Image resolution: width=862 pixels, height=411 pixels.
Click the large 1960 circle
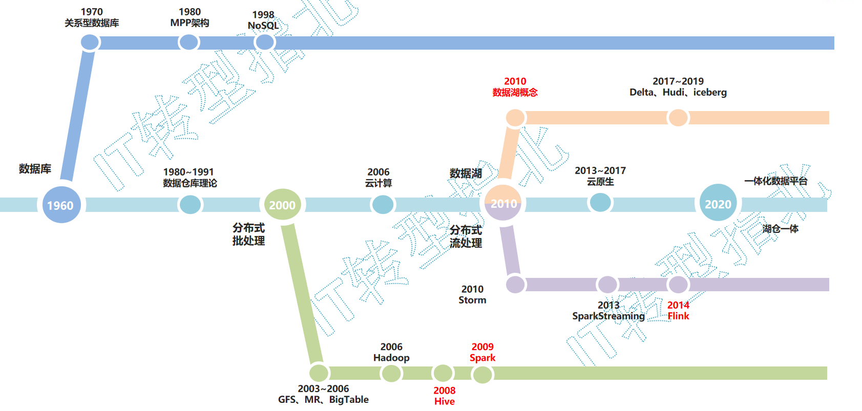point(61,205)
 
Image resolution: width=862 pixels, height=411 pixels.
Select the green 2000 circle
point(282,205)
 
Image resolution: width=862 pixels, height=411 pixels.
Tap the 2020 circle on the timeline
point(718,203)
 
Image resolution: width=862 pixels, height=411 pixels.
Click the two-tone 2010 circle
point(503,203)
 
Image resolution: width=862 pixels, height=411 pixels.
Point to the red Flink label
point(678,316)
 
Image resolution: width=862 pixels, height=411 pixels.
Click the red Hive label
point(444,401)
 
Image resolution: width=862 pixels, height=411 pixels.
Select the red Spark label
point(482,358)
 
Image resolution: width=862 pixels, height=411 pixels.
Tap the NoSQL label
point(263,26)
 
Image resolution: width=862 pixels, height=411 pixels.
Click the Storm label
point(472,300)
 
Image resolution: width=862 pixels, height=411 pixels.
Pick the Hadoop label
point(391,358)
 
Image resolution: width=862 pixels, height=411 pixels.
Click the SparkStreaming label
point(608,316)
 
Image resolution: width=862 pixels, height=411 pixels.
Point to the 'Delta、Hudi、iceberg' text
point(678,92)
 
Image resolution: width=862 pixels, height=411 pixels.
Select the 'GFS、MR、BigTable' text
point(323,399)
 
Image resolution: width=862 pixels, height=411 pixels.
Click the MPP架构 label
point(190,23)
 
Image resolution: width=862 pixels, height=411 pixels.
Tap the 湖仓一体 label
point(780,229)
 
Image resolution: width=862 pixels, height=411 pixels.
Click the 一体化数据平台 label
point(775,181)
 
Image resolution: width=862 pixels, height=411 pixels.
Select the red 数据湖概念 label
point(515,92)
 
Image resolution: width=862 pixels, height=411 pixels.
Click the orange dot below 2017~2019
point(678,118)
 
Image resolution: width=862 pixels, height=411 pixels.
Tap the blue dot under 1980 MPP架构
point(188,42)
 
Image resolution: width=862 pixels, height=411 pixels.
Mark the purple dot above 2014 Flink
point(678,285)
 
